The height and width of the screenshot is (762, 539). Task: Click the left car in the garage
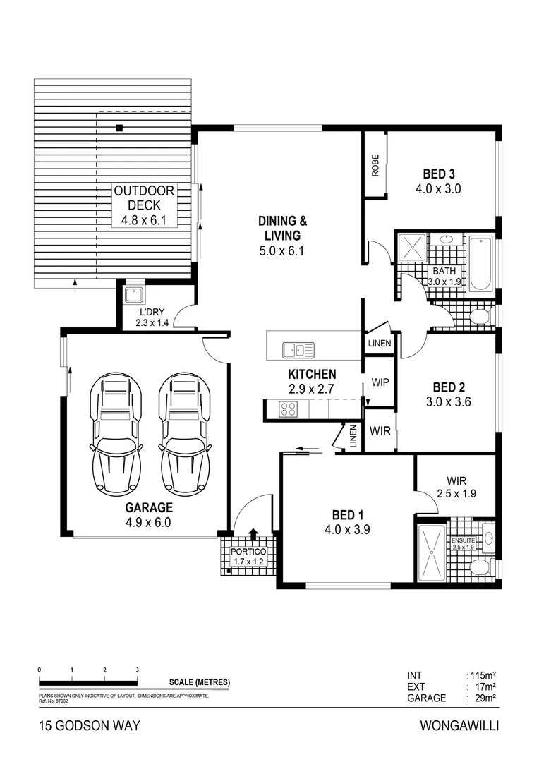116,433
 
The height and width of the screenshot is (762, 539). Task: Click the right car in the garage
186,433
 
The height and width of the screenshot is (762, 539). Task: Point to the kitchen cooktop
289,409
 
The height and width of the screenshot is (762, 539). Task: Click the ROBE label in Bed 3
375,165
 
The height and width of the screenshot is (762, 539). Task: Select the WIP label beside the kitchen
380,382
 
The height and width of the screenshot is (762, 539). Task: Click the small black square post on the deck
119,128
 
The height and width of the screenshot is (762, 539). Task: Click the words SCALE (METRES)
200,682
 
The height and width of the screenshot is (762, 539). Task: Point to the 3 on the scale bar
137,670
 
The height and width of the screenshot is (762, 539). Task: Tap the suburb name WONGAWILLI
459,725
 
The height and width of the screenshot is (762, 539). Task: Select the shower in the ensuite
431,554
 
